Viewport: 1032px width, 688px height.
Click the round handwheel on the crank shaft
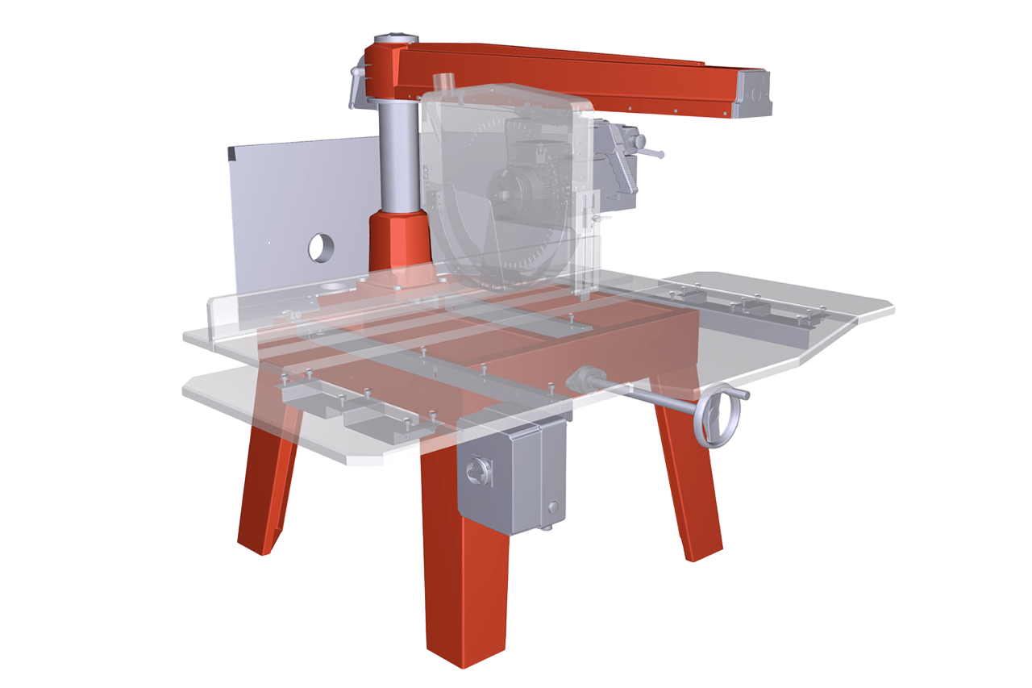point(717,416)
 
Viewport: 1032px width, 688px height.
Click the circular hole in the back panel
point(321,248)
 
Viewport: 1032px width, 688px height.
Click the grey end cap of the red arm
point(754,94)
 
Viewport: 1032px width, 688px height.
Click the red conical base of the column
point(397,242)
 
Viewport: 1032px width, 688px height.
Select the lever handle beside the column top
point(356,87)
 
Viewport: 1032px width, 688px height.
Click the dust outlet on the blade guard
point(444,85)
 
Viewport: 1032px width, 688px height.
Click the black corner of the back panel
point(232,152)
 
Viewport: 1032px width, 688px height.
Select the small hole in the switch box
point(553,507)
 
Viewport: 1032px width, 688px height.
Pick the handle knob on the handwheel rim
point(743,395)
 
